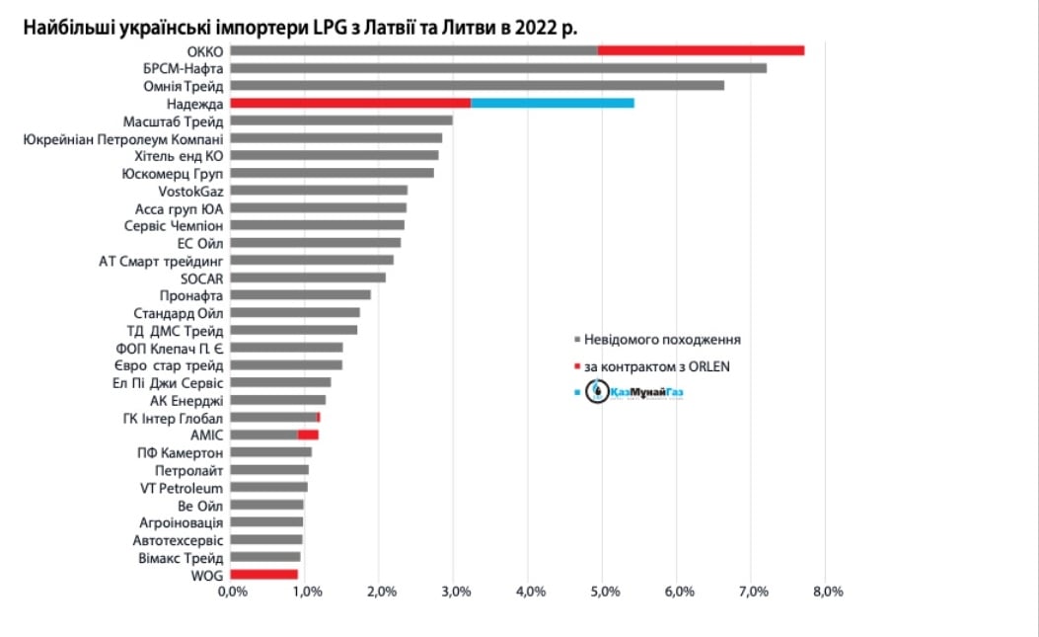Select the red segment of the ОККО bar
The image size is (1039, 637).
[701, 50]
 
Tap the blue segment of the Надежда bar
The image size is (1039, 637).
[552, 103]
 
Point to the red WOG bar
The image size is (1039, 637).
[263, 574]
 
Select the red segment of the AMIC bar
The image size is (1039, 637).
[308, 435]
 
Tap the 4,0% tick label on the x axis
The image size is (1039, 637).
[529, 592]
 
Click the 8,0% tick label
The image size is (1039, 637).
[827, 592]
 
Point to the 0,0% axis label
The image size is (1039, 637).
[231, 592]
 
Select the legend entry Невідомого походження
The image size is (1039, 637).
[662, 340]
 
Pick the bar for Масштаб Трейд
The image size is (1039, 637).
[341, 120]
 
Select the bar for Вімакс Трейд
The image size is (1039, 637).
[265, 557]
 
